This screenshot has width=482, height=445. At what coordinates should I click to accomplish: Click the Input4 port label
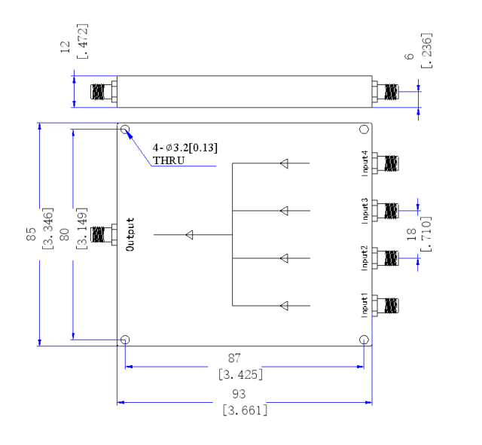365,163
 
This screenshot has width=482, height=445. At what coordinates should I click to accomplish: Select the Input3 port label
365,211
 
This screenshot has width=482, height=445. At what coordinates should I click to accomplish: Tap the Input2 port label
365,258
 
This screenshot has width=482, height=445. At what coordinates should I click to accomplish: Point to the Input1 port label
365,305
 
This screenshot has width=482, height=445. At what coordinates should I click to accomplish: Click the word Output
130,234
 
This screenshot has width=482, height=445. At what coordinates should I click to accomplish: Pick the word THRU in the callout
169,160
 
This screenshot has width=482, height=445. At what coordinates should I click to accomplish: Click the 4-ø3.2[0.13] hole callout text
185,148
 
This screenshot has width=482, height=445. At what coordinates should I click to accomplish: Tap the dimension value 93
239,394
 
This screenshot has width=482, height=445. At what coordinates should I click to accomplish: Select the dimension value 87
234,358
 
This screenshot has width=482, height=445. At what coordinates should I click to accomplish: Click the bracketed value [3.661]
245,410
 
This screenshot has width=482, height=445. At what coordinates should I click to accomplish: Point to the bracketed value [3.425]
241,375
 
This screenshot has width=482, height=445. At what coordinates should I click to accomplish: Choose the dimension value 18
411,234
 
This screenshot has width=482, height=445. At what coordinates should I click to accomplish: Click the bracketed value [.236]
426,50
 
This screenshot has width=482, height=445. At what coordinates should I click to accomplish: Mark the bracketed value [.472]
82,41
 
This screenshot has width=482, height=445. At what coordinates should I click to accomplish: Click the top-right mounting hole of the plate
364,130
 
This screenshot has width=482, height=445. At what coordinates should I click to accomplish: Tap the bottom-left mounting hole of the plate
125,340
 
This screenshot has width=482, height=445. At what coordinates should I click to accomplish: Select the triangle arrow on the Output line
190,235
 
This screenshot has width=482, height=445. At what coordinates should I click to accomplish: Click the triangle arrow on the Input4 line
285,163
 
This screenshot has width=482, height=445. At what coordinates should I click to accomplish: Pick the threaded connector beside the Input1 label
385,306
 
